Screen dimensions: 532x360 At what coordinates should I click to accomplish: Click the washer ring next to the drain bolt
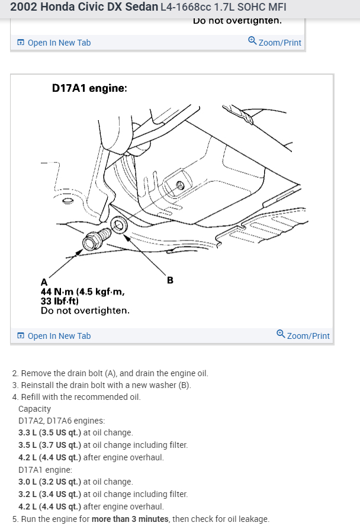point(117,226)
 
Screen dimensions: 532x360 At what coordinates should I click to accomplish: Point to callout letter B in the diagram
point(170,280)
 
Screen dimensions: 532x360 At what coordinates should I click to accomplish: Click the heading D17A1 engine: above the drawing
point(89,88)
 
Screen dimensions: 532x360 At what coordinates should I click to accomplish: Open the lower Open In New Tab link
point(59,336)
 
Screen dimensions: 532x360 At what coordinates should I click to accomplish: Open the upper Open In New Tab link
point(59,43)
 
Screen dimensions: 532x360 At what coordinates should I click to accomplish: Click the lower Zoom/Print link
point(308,336)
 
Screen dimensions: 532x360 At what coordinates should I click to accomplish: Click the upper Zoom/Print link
point(279,43)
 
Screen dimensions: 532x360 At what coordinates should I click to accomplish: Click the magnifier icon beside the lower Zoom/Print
point(281,335)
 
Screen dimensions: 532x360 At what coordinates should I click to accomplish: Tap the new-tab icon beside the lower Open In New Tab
point(21,336)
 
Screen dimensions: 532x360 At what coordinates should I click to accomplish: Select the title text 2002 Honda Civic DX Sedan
point(84,8)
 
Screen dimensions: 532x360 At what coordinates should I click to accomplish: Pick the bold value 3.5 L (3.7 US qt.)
point(50,445)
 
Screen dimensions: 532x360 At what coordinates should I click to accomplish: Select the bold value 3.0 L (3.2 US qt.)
point(50,482)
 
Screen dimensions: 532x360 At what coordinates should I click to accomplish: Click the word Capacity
point(34,409)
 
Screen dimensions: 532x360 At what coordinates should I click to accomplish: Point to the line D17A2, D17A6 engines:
point(62,421)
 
